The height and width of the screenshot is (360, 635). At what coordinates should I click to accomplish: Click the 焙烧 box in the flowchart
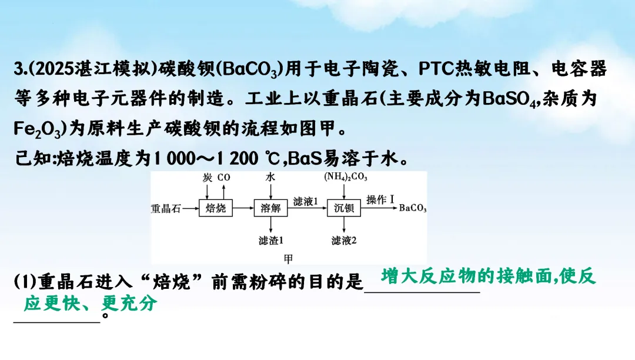pos(216,208)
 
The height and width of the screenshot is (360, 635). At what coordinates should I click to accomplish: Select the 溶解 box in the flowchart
pos(270,208)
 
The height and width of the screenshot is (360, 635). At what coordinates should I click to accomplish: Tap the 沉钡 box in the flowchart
pos(345,208)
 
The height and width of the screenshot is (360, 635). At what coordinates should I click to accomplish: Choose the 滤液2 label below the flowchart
pos(345,241)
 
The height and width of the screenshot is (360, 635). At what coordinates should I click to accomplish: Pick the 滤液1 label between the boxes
pos(306,202)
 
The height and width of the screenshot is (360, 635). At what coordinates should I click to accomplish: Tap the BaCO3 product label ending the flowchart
pos(413,209)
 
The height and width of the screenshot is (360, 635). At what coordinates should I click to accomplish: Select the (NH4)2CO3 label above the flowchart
pos(346,177)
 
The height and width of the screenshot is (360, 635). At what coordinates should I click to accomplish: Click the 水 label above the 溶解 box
pos(270,177)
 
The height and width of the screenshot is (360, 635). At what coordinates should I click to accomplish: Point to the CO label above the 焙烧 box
pos(223,177)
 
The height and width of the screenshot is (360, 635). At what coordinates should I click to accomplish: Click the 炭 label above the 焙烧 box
pos(208,177)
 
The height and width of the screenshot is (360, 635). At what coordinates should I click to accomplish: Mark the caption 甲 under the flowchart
pos(288,258)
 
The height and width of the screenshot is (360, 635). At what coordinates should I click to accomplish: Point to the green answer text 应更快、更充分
pos(91,304)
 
